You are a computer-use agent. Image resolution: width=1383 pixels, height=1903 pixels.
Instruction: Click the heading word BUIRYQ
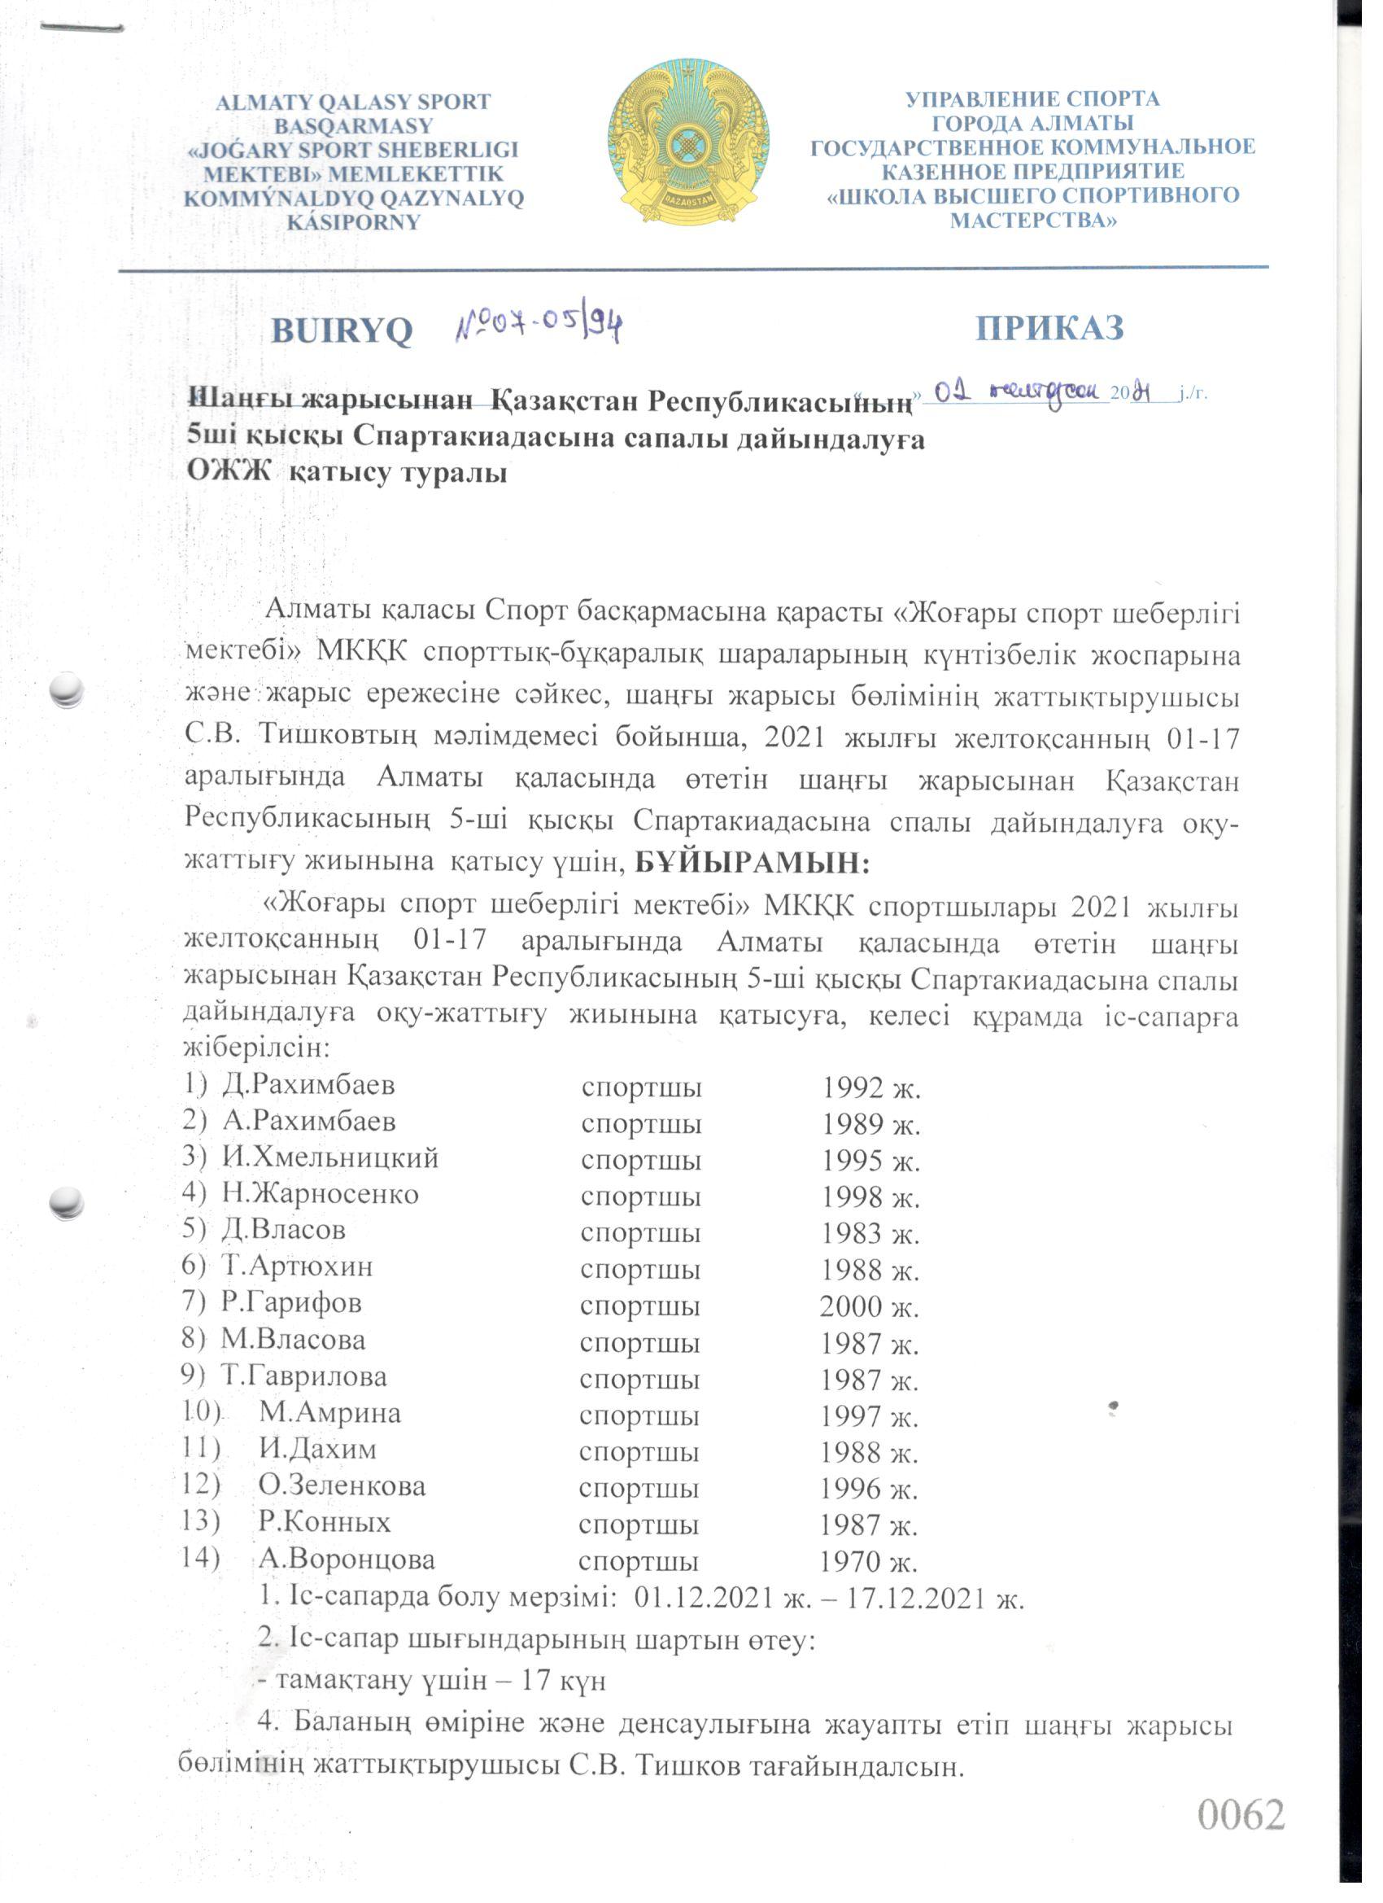tap(342, 330)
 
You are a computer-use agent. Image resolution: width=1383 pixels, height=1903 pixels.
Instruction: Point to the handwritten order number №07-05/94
tap(539, 324)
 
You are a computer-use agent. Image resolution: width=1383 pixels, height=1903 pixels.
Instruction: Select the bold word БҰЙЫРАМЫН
tap(753, 862)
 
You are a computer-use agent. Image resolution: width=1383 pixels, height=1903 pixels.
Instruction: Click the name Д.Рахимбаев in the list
tap(308, 1085)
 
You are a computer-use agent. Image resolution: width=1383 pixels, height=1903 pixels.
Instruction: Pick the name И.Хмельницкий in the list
tap(329, 1158)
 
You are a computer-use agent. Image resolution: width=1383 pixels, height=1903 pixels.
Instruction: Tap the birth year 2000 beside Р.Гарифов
tap(850, 1306)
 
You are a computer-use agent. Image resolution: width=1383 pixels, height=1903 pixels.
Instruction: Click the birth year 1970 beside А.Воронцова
tap(850, 1561)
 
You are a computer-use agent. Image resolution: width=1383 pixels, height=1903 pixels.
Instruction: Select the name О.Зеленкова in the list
tap(342, 1486)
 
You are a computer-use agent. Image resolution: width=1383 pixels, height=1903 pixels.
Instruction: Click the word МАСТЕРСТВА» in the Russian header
tap(1033, 221)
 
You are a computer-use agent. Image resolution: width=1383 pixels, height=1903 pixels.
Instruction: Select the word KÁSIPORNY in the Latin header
tap(353, 223)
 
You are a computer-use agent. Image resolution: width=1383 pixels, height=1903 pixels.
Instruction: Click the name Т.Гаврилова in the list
tap(303, 1376)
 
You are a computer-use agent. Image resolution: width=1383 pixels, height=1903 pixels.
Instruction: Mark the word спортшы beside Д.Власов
tap(640, 1232)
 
